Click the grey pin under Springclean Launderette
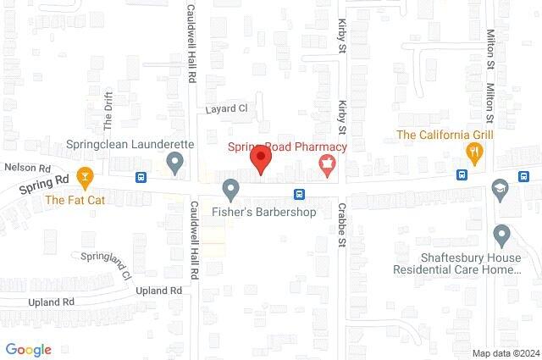click(176, 162)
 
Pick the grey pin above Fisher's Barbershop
click(230, 188)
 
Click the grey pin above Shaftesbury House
click(501, 234)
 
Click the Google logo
click(29, 349)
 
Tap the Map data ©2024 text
click(506, 353)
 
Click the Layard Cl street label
click(226, 109)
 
